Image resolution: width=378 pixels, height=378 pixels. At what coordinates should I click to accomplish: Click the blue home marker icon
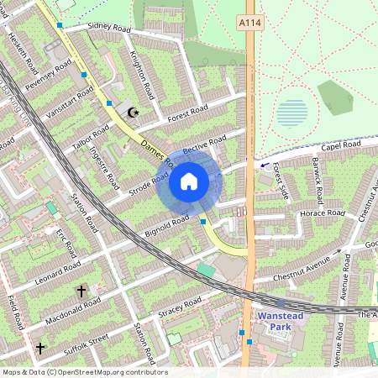coord(189,181)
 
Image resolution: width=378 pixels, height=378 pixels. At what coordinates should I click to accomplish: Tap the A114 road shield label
coord(249,23)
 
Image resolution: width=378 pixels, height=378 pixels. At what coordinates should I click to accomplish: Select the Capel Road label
coord(340,146)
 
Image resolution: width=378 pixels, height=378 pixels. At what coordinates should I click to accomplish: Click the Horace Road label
coord(323,213)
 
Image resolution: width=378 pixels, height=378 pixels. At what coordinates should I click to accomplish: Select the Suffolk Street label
coord(87,341)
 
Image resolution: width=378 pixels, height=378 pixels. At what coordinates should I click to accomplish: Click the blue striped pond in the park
coord(291,112)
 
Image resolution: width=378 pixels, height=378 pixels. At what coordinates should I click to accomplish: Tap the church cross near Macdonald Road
coord(81,291)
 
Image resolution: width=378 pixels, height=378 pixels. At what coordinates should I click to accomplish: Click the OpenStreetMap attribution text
coord(84,372)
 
